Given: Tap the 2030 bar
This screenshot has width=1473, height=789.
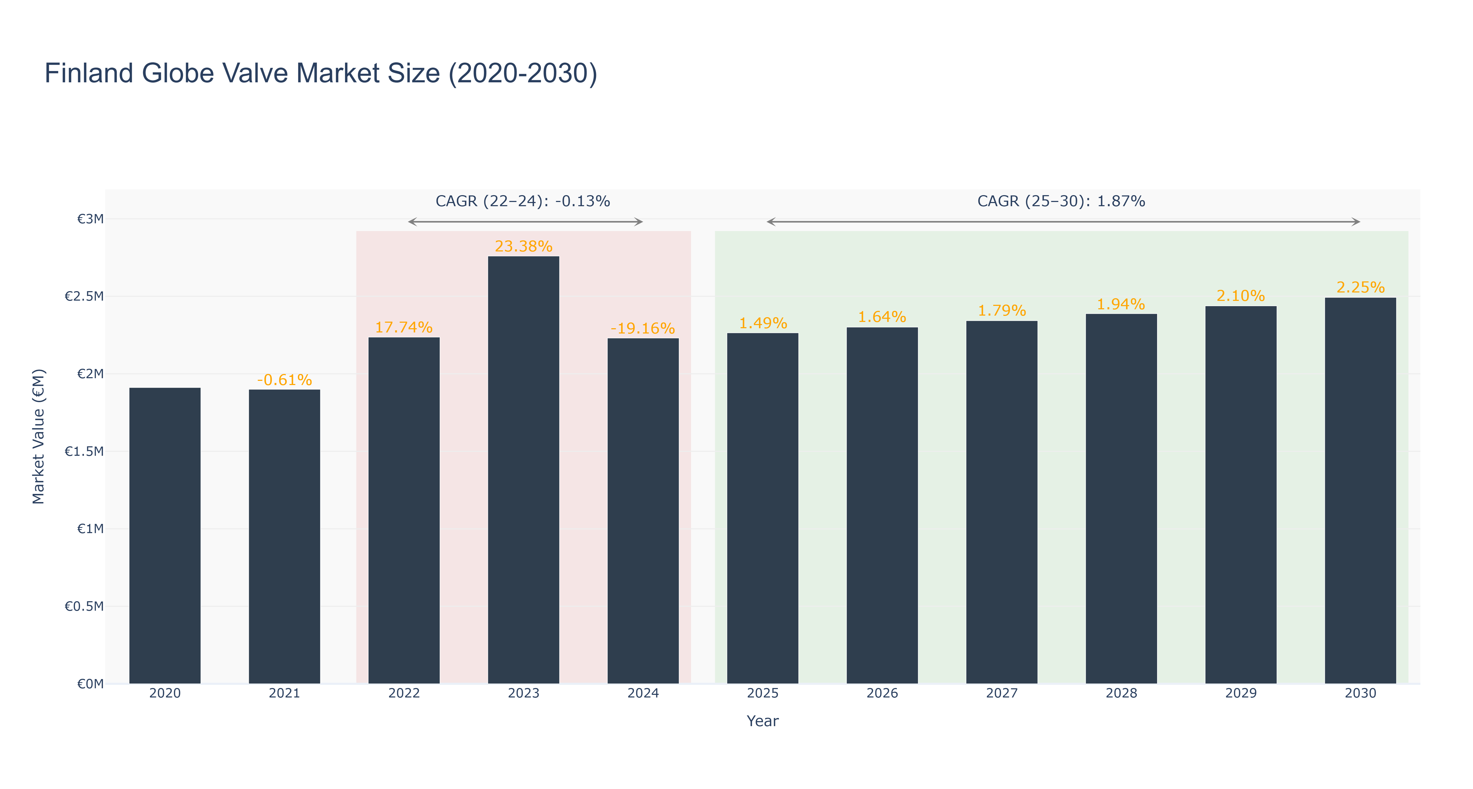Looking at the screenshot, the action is coord(1360,490).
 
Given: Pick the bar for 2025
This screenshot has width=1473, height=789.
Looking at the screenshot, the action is coord(763,508).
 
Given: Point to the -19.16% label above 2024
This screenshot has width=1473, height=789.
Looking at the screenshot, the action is coord(643,329).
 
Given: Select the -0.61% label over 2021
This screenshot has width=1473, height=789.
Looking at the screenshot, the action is coord(284,380).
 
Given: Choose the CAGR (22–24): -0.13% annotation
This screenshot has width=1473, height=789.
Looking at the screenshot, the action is coord(523,201).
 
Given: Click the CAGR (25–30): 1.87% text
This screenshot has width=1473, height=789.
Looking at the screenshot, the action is coord(1061,201).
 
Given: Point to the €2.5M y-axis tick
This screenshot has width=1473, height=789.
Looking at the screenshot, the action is coord(84,296).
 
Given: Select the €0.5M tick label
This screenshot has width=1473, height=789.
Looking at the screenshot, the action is coord(84,606).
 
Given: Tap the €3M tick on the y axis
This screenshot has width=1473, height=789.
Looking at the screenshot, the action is coord(90,219).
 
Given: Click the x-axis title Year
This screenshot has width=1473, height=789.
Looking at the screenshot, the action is coord(763,721).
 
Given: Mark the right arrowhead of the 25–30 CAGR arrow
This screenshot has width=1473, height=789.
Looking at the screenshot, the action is coord(1356,222).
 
